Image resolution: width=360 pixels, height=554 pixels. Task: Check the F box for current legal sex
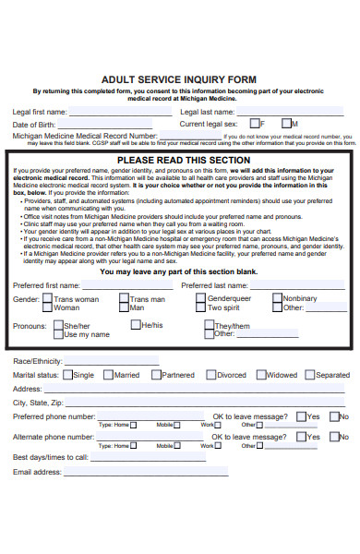[255, 123]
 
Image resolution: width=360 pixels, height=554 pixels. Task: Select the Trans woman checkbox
[46, 273]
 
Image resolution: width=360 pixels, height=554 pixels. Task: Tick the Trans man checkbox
[123, 273]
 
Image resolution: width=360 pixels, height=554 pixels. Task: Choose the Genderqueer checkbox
[200, 273]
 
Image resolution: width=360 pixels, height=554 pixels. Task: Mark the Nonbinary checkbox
[276, 273]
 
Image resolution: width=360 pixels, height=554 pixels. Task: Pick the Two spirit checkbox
[200, 282]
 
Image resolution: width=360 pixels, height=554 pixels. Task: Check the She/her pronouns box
[57, 300]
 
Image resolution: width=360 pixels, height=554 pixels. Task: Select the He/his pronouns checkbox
[134, 299]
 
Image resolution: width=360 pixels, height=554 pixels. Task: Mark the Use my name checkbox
[57, 308]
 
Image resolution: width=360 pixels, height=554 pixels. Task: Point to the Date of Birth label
[34, 124]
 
